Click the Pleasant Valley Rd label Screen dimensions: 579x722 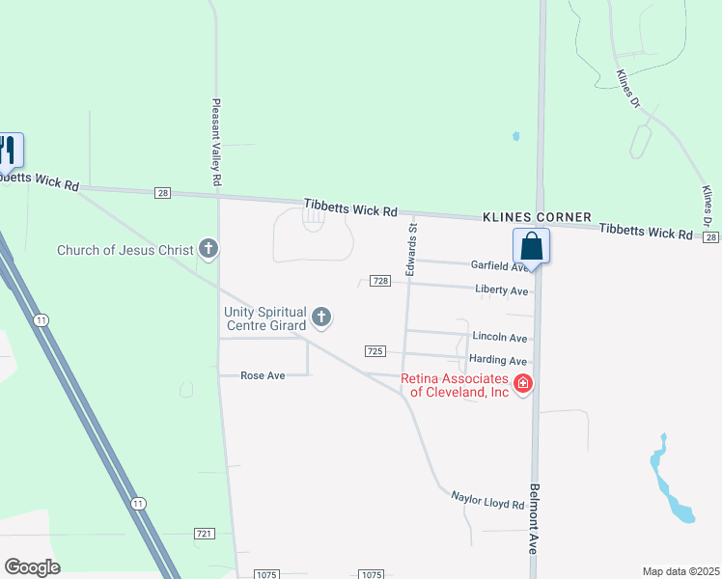coord(217,142)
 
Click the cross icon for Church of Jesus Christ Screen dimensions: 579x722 coord(208,250)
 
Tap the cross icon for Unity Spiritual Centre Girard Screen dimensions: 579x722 coord(321,317)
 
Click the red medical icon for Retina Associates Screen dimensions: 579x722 coord(523,384)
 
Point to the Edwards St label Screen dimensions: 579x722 coord(411,251)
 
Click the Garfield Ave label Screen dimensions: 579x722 coord(499,264)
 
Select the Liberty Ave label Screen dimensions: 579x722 coord(502,289)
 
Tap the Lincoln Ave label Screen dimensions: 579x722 coord(500,337)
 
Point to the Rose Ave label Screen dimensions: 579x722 coord(263,374)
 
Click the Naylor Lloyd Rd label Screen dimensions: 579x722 coord(487,500)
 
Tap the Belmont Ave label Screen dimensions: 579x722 coord(533,518)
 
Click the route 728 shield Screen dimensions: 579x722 coord(379,281)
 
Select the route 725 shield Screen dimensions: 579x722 coord(375,350)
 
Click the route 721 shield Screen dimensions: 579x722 coord(204,533)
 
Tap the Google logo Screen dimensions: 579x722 coord(32,567)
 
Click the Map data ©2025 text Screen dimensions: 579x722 coord(680,571)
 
